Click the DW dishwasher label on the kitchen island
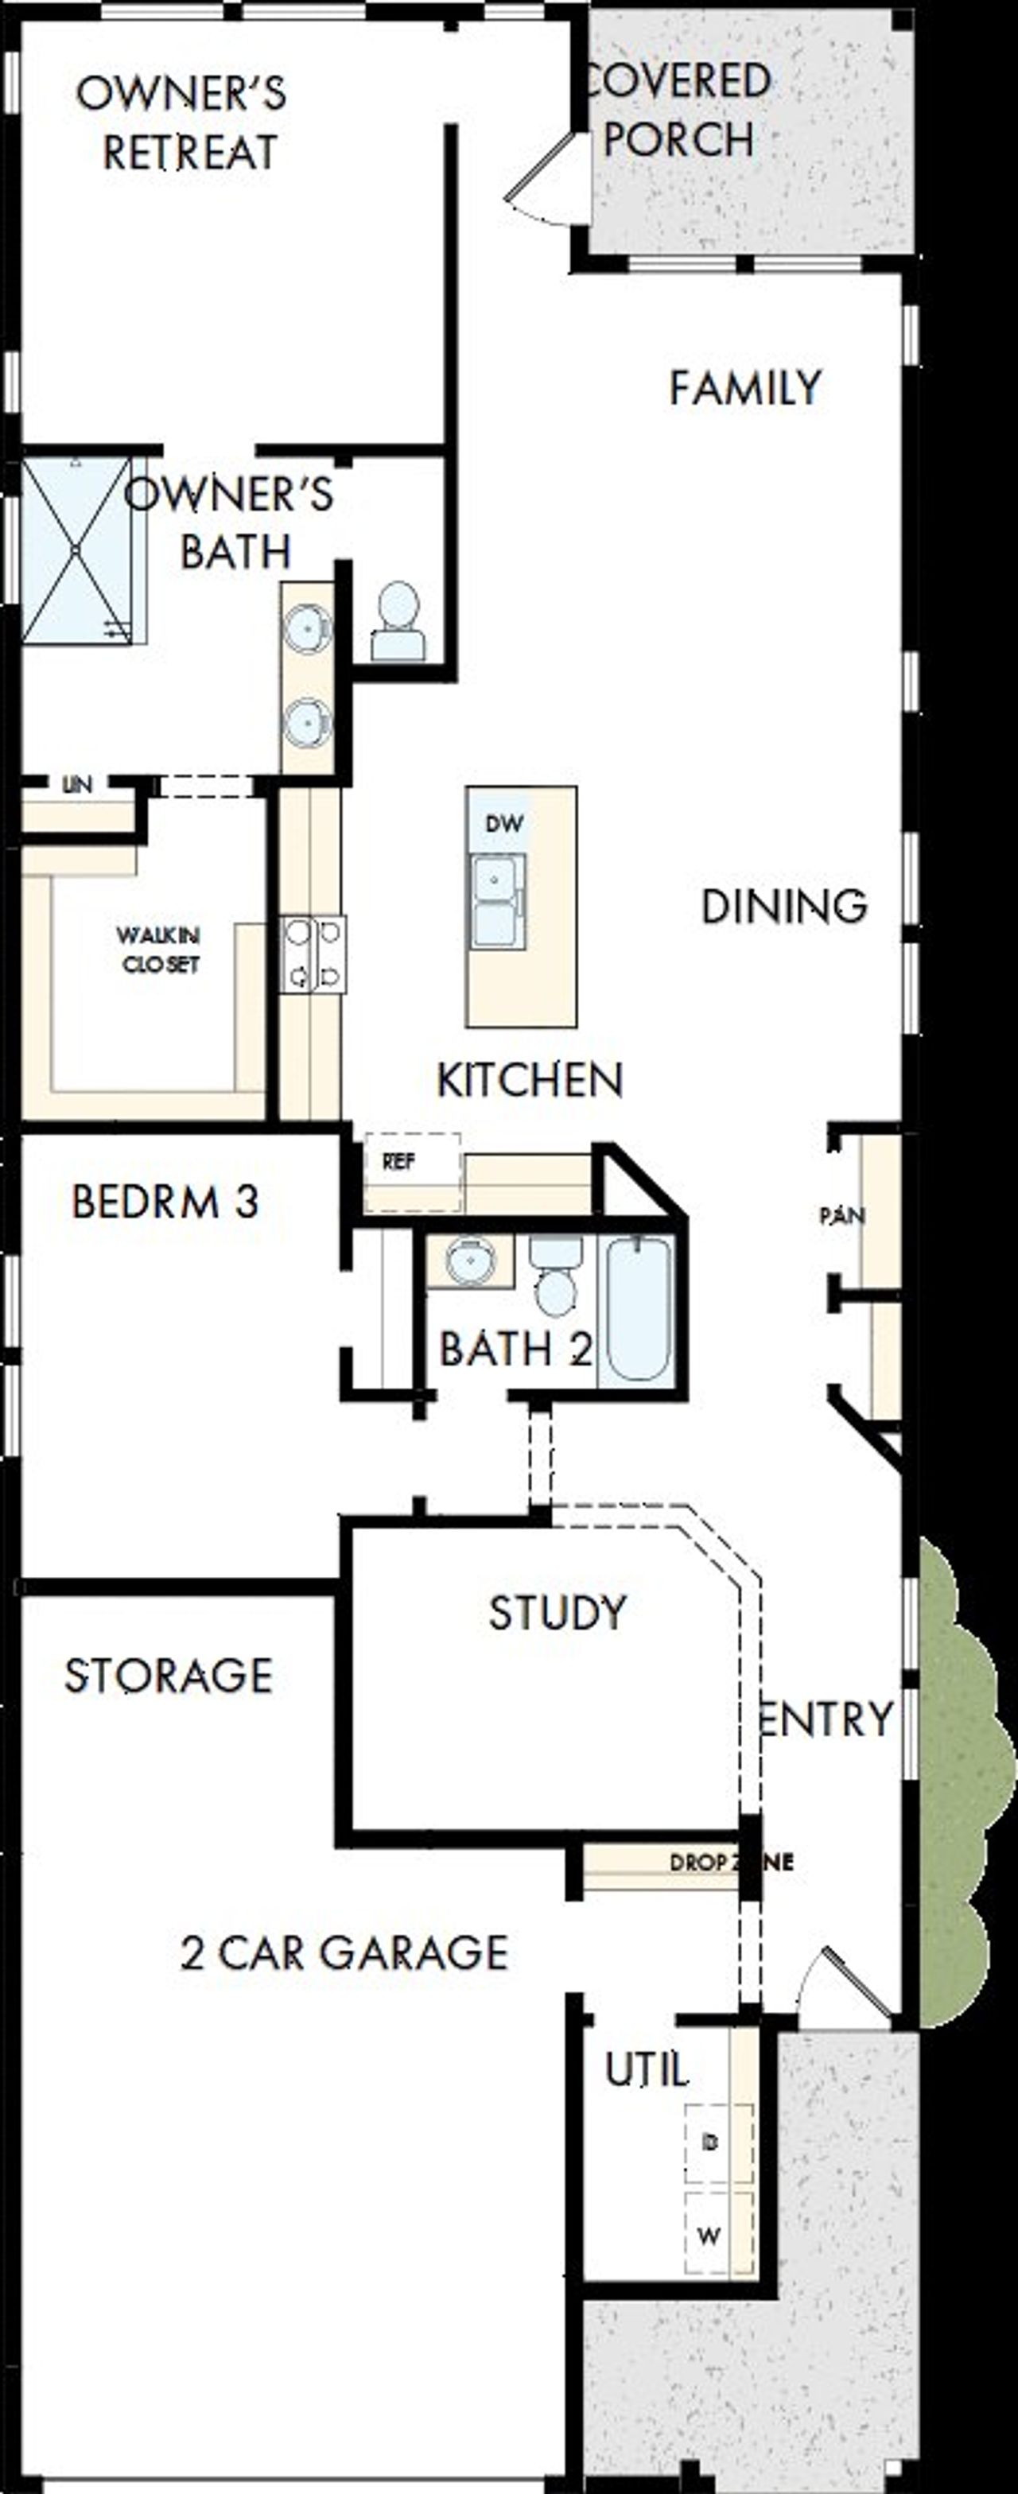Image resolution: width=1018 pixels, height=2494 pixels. (503, 824)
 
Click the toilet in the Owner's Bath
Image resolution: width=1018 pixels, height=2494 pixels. (398, 623)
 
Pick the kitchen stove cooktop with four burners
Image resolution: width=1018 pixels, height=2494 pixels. (313, 954)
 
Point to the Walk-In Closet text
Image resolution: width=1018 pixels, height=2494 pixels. (159, 950)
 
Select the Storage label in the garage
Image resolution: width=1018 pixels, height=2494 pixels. (169, 1676)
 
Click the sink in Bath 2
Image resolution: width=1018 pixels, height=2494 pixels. (471, 1261)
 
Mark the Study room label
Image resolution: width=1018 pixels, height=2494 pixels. (557, 1613)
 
